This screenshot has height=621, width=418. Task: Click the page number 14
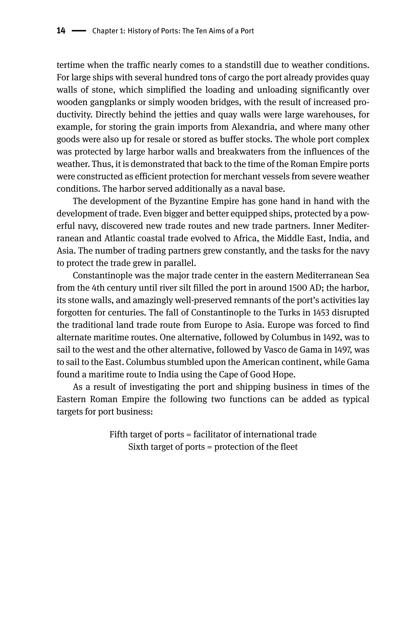[61, 31]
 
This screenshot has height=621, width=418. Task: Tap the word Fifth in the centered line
[118, 434]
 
